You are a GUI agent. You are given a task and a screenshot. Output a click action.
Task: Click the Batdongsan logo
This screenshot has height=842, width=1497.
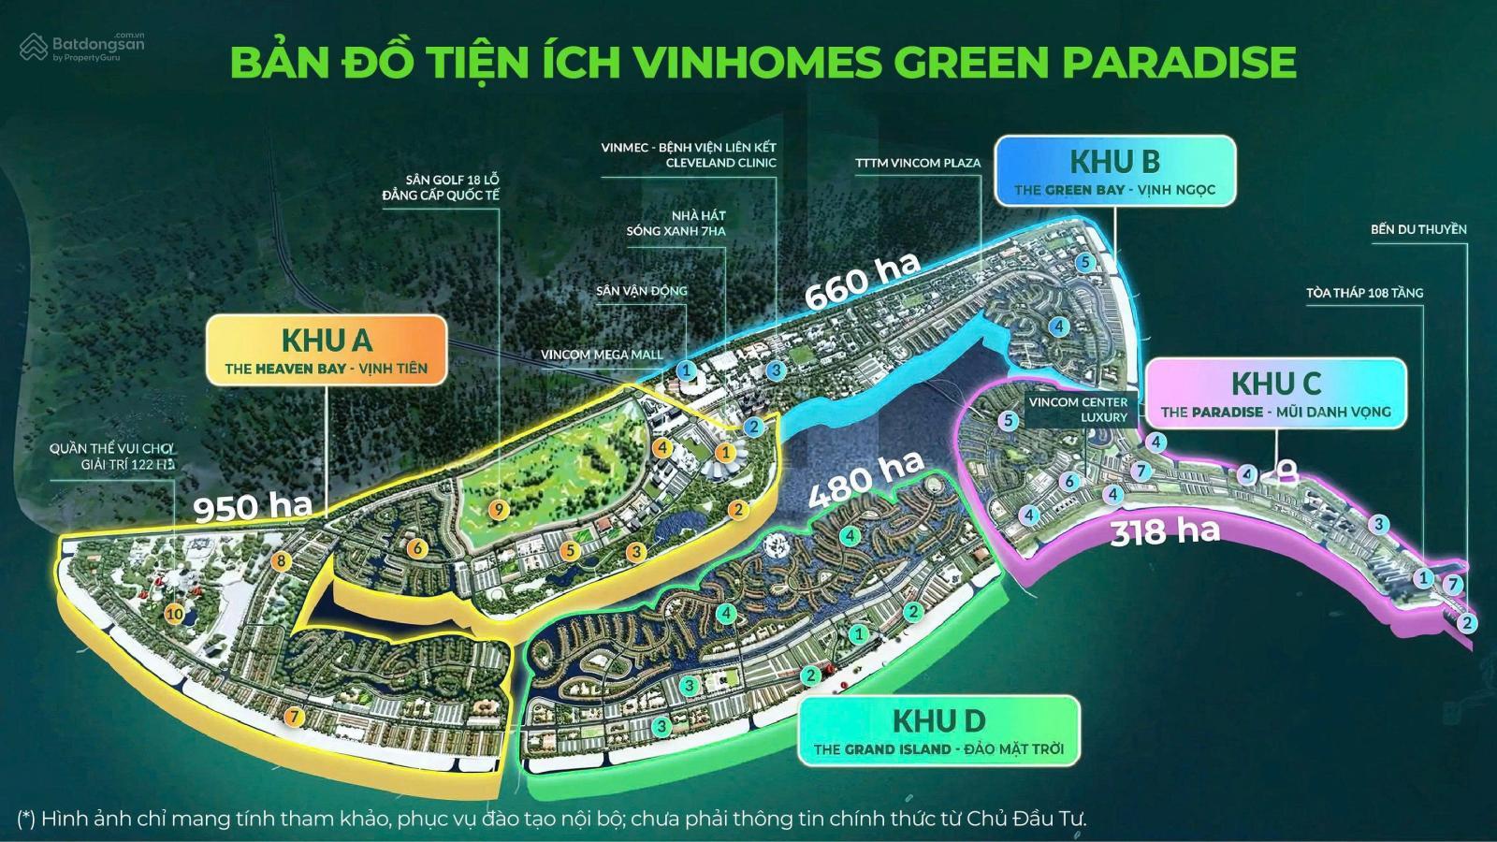[82, 47]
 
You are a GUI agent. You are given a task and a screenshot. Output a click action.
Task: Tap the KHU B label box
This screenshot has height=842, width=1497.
[1114, 171]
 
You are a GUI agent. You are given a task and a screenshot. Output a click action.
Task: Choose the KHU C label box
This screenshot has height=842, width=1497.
[1275, 394]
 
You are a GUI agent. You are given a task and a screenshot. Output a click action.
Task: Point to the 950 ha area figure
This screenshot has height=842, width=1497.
[252, 506]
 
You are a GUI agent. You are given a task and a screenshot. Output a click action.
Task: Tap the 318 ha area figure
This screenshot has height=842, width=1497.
[1165, 531]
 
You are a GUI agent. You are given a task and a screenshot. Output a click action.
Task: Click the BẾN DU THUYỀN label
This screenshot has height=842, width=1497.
[1418, 229]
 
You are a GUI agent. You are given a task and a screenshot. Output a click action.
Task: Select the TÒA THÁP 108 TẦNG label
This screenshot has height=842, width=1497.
[1364, 293]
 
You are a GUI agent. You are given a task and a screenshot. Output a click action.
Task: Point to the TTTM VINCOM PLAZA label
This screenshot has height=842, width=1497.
[918, 163]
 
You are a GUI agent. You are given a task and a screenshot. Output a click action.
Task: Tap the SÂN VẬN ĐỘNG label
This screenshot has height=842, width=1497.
[641, 291]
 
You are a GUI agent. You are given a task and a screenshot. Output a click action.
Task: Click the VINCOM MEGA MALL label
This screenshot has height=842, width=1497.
[601, 355]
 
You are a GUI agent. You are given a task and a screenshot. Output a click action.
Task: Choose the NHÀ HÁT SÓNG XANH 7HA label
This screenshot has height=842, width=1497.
[676, 223]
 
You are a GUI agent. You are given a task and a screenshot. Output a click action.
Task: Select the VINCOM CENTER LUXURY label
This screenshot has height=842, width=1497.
[1078, 410]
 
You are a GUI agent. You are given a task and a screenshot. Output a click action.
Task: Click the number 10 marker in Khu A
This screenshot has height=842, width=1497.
[174, 614]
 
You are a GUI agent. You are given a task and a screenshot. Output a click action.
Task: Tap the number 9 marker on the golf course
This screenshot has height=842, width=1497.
[499, 509]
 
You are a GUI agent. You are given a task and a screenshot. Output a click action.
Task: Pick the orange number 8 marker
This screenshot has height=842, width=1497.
[279, 561]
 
